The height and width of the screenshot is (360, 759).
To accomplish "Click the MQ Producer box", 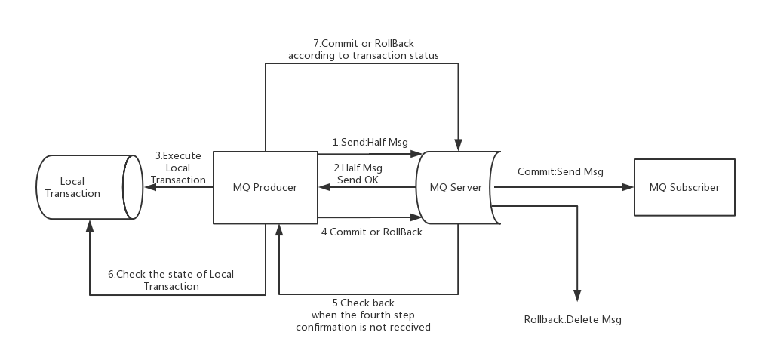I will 265,187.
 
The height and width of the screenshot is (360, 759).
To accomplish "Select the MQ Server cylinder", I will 456,187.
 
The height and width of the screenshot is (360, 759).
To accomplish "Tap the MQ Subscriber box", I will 684,187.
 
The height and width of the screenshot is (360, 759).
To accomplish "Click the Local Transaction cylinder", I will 82,187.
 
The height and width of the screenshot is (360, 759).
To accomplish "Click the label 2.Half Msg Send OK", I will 358,174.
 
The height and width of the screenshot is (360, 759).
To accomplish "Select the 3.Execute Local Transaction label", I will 179,168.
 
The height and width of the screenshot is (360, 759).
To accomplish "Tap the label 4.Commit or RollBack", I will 371,232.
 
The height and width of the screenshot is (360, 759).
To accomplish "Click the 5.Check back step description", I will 363,315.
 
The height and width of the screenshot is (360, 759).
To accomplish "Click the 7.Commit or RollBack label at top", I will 363,49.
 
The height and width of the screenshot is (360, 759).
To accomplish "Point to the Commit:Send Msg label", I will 560,171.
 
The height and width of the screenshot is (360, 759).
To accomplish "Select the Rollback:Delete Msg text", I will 573,319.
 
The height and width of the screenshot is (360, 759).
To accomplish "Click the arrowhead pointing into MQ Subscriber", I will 628,187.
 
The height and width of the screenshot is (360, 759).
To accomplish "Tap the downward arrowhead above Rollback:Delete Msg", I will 577,296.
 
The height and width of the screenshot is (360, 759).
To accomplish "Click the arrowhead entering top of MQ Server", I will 458,145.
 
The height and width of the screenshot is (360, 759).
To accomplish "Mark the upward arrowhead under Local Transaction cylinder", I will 90,225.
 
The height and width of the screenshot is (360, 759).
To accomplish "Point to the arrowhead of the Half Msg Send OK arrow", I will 324,187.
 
